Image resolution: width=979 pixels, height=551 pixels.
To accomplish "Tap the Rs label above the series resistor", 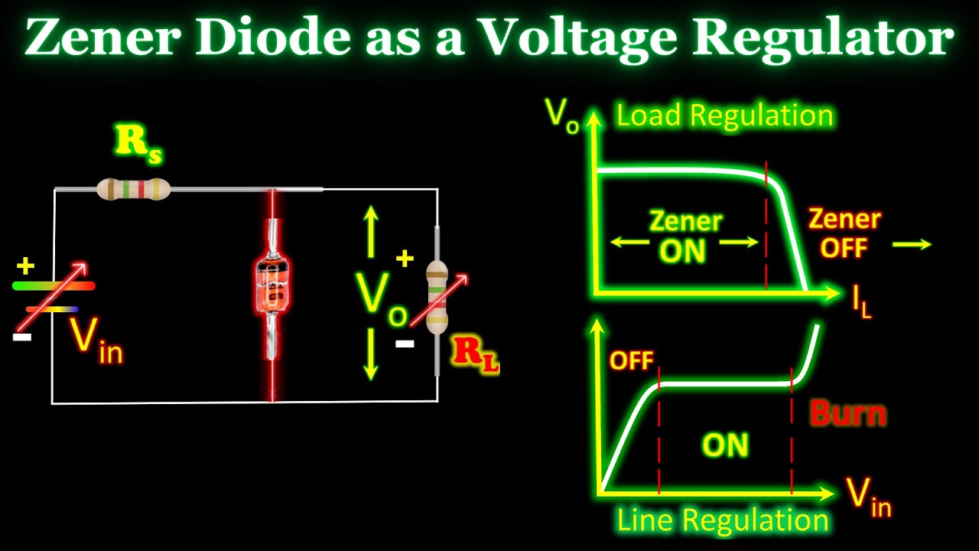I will (x=138, y=144).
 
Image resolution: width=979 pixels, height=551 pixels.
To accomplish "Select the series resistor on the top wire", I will (x=133, y=188).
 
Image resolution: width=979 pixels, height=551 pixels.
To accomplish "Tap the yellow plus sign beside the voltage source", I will (x=26, y=266).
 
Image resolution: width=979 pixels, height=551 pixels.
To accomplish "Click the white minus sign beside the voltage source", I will (x=22, y=336).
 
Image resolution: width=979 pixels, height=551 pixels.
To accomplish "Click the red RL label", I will (x=476, y=354).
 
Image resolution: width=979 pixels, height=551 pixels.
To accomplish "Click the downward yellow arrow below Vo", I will (x=371, y=354).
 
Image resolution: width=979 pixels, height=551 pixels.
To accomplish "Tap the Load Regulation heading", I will (x=724, y=116).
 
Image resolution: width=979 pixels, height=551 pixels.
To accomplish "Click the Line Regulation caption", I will (x=723, y=520).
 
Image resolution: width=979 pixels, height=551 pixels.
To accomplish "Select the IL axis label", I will (x=862, y=302).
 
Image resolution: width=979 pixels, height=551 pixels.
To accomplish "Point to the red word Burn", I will (x=848, y=414).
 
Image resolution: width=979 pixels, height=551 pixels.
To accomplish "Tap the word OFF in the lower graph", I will (x=631, y=360).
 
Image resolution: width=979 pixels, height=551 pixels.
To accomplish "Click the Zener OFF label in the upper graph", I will (x=844, y=233).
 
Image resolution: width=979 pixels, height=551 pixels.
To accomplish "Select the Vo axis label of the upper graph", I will (x=561, y=115).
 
